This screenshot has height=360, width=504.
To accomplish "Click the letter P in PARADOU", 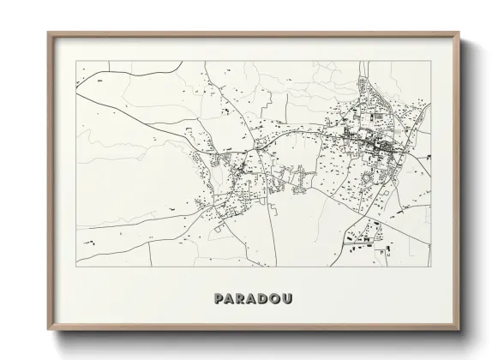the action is click(x=214, y=299).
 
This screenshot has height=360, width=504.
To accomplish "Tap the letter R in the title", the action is click(x=238, y=299).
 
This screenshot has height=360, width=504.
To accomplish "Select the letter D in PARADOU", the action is click(x=263, y=299).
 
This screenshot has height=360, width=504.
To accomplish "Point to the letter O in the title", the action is click(x=276, y=299).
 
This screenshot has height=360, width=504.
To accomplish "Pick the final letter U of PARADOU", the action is click(x=290, y=299).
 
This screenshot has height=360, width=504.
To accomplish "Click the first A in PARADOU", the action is click(x=226, y=299).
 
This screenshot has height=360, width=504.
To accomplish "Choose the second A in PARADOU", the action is click(x=250, y=299).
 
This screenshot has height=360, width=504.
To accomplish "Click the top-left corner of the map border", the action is click(x=76, y=63).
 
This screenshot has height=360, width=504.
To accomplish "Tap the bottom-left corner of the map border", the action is click(x=76, y=266).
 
